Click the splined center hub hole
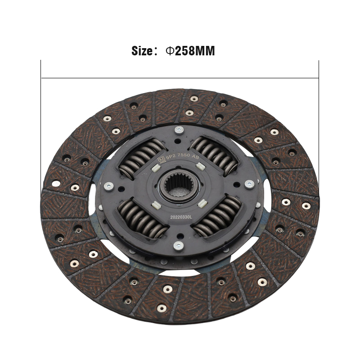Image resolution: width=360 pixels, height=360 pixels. tap(180, 186)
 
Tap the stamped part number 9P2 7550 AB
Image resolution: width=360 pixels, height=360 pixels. tap(182, 156)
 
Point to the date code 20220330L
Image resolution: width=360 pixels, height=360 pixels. tap(181, 217)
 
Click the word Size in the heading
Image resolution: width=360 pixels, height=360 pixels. tap(142, 51)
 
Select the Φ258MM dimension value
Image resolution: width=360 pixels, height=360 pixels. tap(190, 51)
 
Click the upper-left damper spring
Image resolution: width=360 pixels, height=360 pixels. tap(142, 158)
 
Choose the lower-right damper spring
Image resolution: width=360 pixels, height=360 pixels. tap(217, 216)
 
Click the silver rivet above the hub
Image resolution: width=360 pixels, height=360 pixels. tap(179, 130)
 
